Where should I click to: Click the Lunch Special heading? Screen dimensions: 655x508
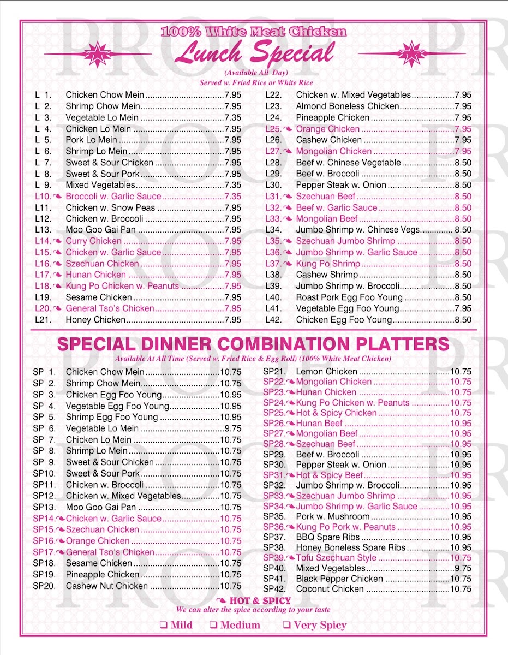(x=254, y=53)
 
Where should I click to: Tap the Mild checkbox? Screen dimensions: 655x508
(x=163, y=626)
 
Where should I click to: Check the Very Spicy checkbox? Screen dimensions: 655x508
(x=286, y=626)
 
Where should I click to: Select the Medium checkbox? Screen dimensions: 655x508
(x=214, y=626)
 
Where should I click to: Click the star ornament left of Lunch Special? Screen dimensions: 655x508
(x=98, y=54)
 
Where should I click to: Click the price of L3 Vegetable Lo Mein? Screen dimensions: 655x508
(x=233, y=118)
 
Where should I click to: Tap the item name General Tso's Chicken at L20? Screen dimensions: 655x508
(x=110, y=309)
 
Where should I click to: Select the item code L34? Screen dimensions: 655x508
(x=273, y=230)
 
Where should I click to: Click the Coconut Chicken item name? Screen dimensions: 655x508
(x=330, y=589)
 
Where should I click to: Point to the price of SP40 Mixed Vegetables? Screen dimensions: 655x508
(x=463, y=569)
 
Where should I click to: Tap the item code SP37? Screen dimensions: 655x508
(x=274, y=538)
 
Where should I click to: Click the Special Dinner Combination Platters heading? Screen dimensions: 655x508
(x=254, y=344)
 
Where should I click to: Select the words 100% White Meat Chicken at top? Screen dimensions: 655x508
(x=254, y=32)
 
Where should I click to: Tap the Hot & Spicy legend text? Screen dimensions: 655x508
(x=260, y=601)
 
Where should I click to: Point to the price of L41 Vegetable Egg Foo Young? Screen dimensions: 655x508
(x=463, y=309)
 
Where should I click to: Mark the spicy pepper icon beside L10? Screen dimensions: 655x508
(x=57, y=196)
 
